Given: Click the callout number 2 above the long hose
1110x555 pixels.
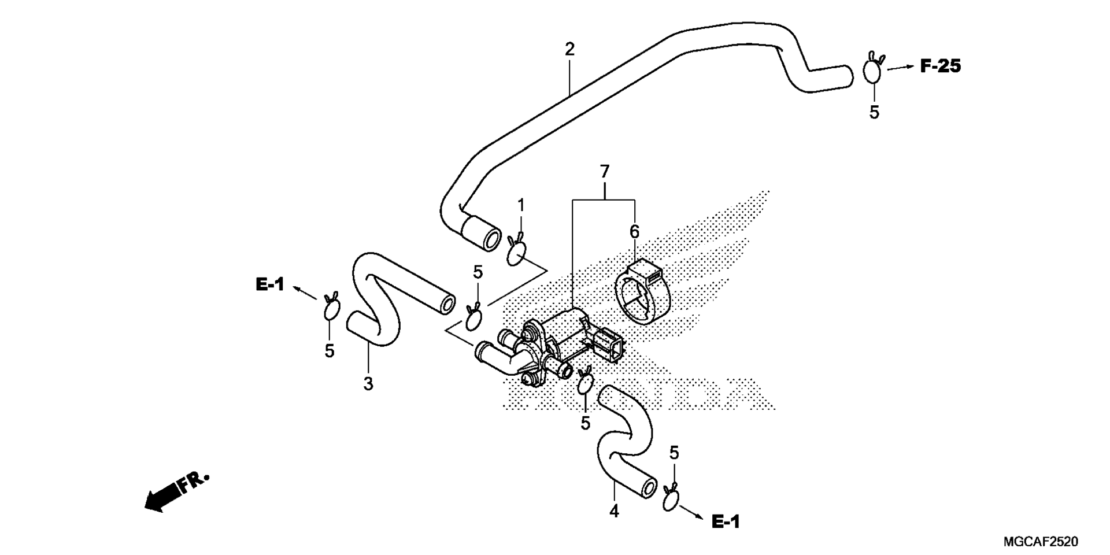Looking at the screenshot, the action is (570, 50).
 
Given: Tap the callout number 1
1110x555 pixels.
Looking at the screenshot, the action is (521, 205).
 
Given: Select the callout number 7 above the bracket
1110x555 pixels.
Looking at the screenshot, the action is (605, 172).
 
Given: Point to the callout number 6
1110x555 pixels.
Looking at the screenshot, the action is (634, 232).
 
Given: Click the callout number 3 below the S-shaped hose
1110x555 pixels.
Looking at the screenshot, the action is (368, 384).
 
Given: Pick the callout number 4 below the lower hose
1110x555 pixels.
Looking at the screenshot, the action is (614, 511).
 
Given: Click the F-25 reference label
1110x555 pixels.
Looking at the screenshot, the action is (941, 66).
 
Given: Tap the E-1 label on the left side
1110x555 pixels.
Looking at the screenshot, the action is (270, 284).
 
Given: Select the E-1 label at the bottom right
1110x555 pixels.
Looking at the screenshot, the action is (726, 522).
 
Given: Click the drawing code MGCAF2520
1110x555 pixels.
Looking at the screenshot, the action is (1041, 542).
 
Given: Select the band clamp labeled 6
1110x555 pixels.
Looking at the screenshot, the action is (642, 294).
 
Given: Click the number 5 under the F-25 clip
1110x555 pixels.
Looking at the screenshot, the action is (874, 113).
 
